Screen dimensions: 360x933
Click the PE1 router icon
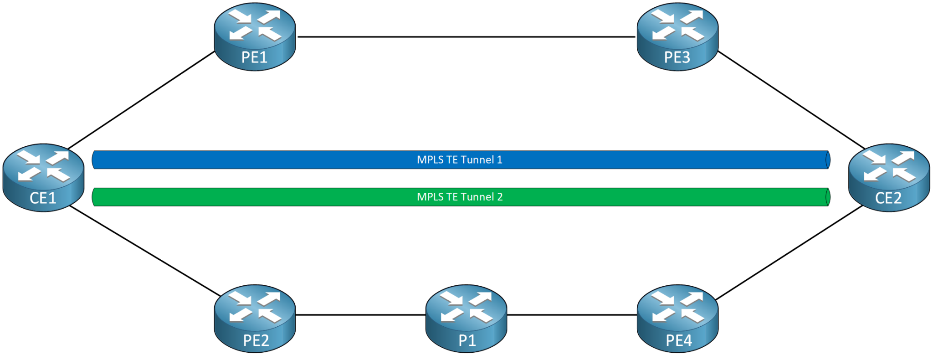(255, 36)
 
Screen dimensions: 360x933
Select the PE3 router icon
(677, 36)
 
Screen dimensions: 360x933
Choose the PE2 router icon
(255, 318)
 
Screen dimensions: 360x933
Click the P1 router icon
(466, 318)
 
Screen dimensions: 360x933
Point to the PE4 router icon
(677, 318)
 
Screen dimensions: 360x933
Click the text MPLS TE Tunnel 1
(459, 160)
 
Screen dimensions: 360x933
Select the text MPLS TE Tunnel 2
(459, 197)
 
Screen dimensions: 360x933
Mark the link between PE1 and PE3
(466, 37)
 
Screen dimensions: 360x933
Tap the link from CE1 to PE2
(145, 251)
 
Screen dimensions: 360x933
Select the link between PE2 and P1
(360, 314)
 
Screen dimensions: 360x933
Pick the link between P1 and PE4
(572, 314)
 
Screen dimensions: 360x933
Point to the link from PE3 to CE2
(791, 100)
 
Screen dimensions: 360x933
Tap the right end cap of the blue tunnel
(828, 160)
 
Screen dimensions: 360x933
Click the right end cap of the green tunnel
(828, 197)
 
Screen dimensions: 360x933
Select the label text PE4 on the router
(678, 340)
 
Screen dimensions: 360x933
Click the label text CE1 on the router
(43, 198)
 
